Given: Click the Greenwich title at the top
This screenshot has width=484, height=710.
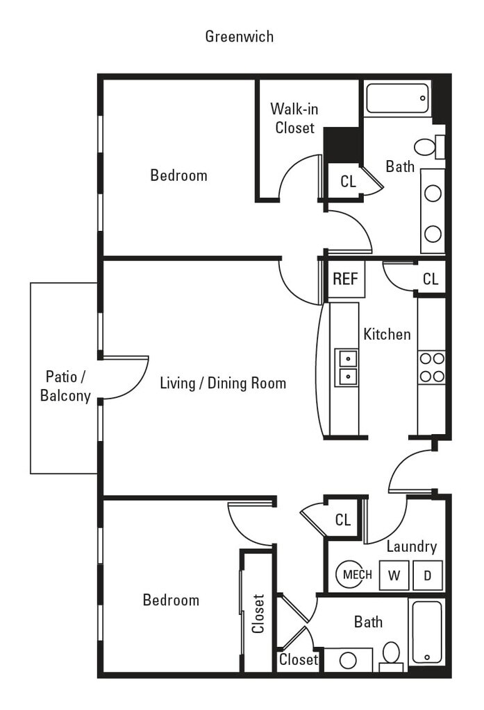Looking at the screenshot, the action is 239,36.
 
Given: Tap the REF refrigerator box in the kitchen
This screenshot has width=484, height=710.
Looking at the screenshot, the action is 345,279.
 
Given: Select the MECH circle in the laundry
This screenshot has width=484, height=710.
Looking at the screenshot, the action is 354,574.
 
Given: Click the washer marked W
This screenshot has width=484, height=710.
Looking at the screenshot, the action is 394,575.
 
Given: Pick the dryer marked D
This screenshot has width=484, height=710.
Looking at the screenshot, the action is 427,575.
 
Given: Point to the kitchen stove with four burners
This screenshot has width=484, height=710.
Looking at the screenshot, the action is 432,367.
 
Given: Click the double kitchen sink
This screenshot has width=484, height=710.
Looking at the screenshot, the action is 346,367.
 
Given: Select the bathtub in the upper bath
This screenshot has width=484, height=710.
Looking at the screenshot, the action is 398,98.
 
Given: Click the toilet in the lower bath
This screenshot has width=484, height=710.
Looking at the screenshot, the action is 392,655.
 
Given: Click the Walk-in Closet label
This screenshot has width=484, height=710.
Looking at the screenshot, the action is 294,118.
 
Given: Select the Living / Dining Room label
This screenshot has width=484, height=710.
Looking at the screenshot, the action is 223,383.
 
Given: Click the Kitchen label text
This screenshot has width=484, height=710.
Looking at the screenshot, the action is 387,334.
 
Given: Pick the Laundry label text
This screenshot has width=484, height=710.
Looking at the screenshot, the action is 412,546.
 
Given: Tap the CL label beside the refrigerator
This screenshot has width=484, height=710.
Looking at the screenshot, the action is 431,279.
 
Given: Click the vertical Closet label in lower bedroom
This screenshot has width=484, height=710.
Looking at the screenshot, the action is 258,614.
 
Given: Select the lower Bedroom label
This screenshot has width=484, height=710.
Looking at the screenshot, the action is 171,600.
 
